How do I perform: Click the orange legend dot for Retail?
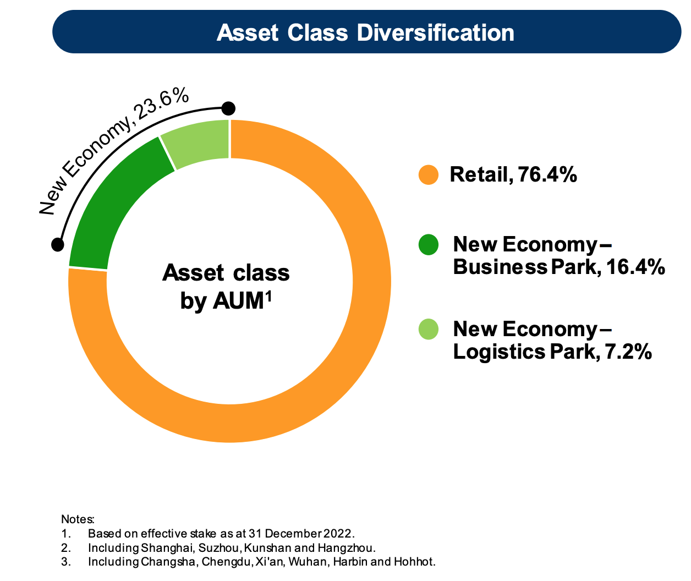click(x=428, y=174)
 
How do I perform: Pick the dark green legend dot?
click(x=428, y=245)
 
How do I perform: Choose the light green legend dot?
click(x=428, y=329)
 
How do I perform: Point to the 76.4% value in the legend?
click(x=547, y=174)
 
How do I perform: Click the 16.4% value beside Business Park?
click(x=636, y=267)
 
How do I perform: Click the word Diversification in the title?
click(x=436, y=33)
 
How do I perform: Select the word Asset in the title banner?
click(x=248, y=33)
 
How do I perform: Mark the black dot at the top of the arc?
click(x=228, y=108)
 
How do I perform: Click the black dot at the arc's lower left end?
click(x=58, y=245)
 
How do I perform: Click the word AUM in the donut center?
click(x=238, y=301)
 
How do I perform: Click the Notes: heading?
click(x=78, y=519)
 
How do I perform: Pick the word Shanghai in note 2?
click(x=167, y=548)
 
